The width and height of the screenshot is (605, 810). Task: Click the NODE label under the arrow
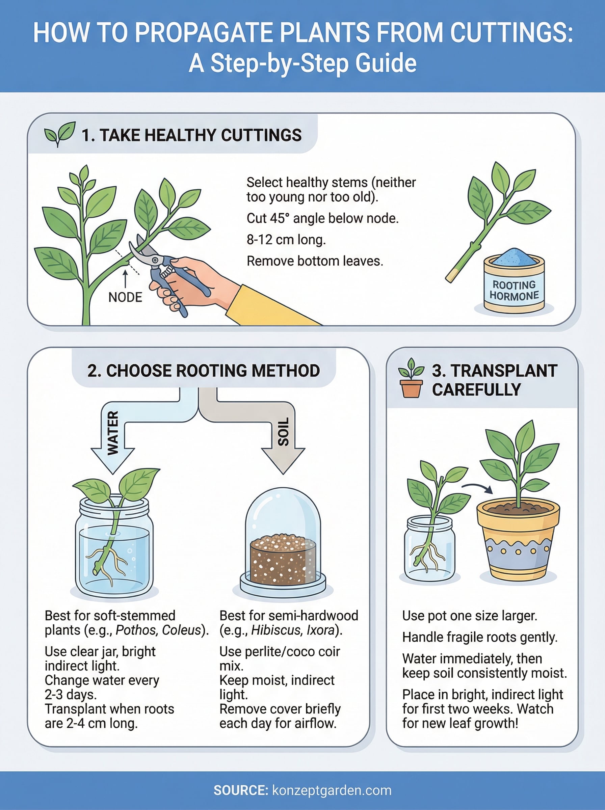click(125, 297)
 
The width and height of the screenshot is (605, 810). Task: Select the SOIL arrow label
click(284, 432)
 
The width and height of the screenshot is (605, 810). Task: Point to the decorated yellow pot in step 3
click(518, 542)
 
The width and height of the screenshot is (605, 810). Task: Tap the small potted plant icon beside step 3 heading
click(411, 378)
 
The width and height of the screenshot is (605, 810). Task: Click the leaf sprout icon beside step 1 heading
click(59, 134)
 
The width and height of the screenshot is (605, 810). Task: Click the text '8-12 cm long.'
click(286, 240)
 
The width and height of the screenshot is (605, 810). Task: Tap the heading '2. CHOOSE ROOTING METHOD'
click(204, 371)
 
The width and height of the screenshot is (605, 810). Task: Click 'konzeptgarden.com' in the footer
click(332, 790)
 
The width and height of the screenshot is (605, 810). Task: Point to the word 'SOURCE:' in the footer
click(241, 790)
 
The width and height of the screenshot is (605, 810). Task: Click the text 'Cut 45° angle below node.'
click(322, 218)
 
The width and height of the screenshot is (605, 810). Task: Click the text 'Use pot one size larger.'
click(470, 616)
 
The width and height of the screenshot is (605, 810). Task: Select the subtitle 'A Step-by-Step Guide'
click(302, 63)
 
